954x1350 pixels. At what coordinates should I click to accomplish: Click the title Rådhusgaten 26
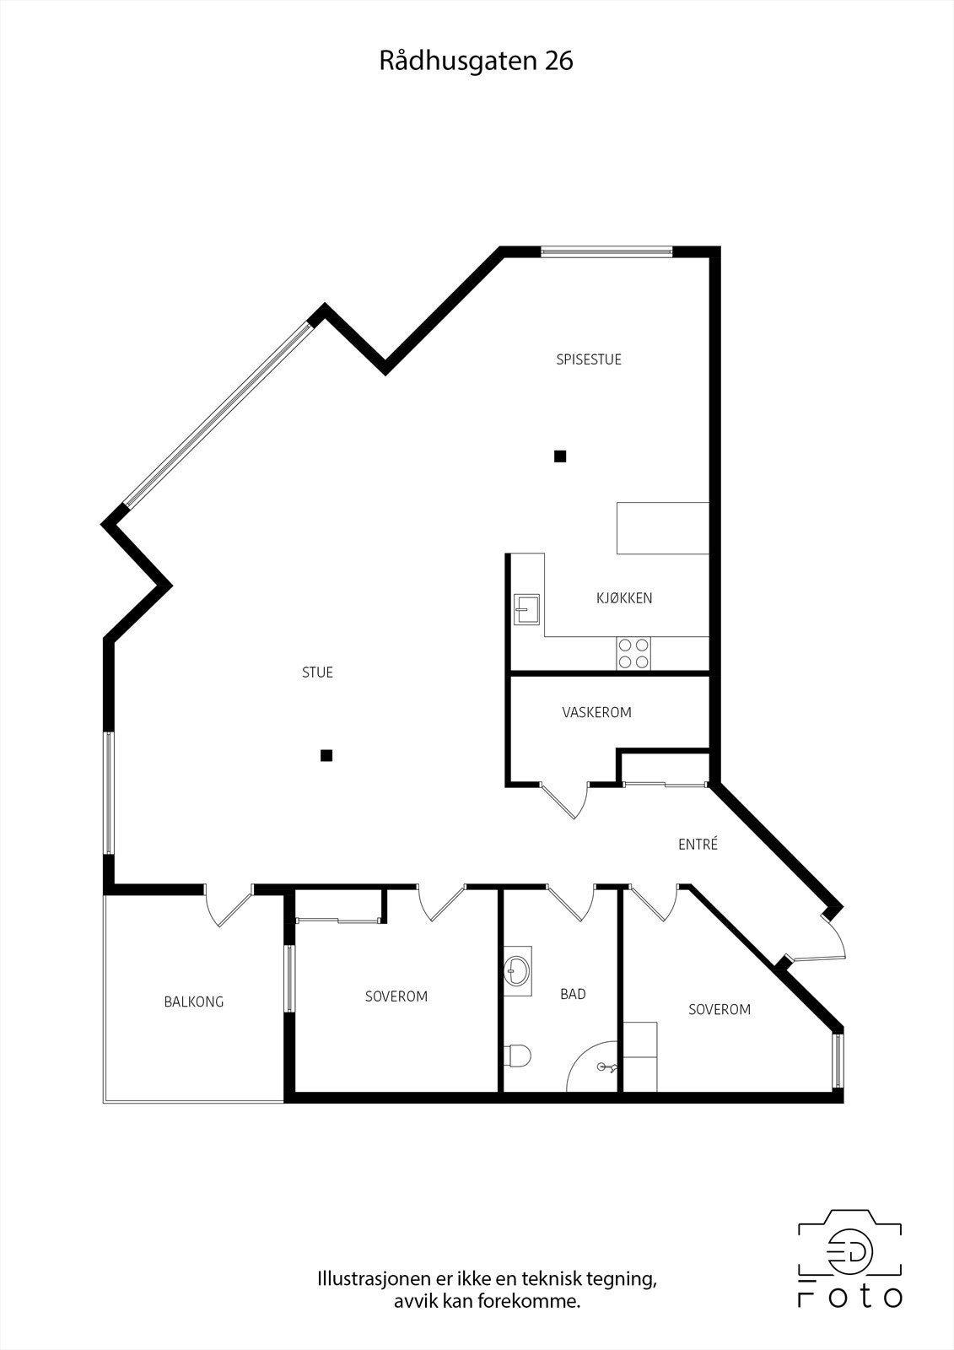click(476, 62)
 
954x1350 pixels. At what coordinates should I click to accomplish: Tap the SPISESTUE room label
click(589, 359)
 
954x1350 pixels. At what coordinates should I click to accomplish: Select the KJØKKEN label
click(624, 598)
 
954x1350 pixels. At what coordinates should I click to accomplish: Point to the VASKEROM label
click(596, 712)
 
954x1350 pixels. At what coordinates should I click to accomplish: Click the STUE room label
click(317, 672)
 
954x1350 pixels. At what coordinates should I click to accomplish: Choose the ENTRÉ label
click(698, 844)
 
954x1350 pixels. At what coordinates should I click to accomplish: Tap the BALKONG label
click(194, 1002)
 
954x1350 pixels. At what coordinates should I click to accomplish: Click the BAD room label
click(573, 994)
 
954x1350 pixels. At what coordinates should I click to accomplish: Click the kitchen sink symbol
click(527, 608)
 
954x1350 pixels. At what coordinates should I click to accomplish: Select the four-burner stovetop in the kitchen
click(634, 653)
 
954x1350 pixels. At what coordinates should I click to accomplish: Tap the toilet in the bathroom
click(517, 1055)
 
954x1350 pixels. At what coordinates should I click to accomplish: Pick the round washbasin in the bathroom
click(517, 970)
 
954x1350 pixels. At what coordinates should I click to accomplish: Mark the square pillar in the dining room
click(559, 456)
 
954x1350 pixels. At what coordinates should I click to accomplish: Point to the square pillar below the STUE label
click(326, 756)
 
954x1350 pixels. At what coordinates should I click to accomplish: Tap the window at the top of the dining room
click(606, 251)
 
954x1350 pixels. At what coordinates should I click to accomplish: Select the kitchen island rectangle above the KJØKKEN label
click(662, 528)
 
